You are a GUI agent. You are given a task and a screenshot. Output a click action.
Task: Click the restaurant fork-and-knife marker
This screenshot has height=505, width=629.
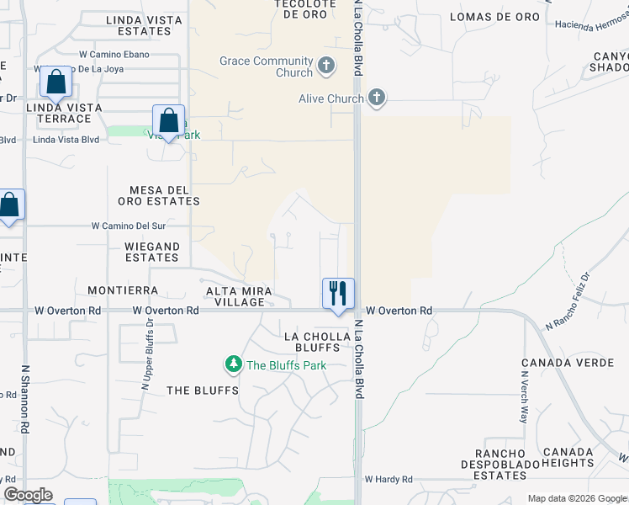pos(338,294)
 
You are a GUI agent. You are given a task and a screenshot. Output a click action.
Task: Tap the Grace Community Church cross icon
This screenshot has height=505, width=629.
pos(326,64)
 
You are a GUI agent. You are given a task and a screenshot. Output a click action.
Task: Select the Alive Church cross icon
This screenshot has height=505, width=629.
pos(376,98)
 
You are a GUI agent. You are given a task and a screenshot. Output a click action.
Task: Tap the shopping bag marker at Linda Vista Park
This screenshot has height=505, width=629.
pos(169,120)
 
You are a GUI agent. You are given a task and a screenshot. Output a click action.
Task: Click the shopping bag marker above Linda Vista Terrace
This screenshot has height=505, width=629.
pos(55,82)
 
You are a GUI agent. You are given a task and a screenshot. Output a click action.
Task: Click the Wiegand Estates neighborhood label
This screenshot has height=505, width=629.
pos(152,252)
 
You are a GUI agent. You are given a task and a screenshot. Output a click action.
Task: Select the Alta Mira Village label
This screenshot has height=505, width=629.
pos(240,295)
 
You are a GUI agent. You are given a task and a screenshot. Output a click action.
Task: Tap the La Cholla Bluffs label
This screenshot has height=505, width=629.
pos(317,342)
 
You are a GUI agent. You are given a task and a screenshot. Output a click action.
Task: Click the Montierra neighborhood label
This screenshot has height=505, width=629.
pos(123,290)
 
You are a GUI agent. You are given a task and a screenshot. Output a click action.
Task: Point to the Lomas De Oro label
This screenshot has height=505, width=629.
pos(494,17)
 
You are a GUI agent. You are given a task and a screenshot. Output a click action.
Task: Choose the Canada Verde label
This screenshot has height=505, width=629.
pos(558,364)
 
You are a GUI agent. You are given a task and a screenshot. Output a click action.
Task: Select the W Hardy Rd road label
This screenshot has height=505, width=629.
pos(388,480)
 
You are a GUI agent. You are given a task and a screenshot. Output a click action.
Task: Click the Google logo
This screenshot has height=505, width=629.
pos(28,495)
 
